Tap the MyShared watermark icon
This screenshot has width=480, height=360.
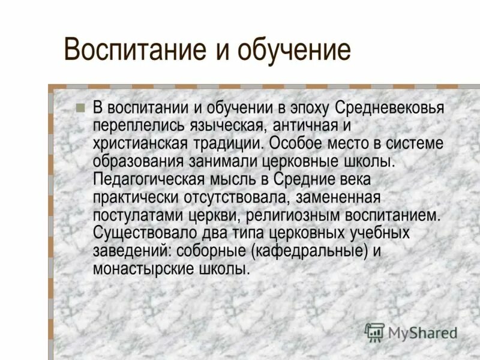click(x=374, y=332)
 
